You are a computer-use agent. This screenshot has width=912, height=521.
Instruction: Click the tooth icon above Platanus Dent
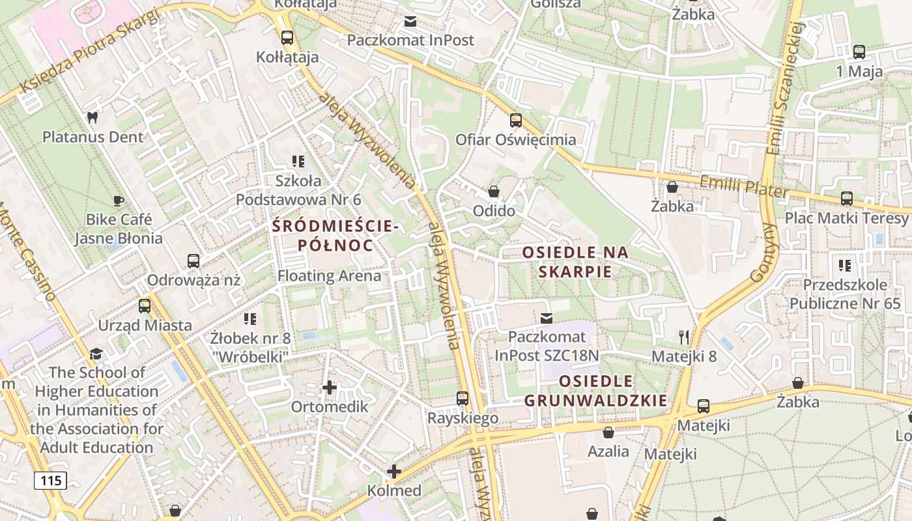click(x=92, y=118)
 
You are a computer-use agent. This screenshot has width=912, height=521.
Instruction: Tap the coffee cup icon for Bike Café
click(x=118, y=200)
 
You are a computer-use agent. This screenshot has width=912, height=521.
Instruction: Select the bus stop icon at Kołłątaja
click(x=287, y=38)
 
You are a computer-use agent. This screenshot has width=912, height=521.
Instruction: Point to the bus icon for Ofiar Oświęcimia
click(x=516, y=120)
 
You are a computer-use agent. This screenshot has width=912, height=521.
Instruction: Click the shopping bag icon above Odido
click(x=494, y=191)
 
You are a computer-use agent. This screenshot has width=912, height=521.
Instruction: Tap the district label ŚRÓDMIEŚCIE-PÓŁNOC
click(x=335, y=236)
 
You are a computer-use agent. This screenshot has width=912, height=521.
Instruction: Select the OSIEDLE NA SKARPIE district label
click(x=576, y=262)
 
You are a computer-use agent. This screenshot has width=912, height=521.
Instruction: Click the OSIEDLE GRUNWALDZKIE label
click(x=596, y=391)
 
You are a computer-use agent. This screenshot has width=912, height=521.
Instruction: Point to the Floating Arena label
click(x=330, y=275)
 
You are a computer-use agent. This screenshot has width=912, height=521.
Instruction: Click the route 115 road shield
click(x=50, y=481)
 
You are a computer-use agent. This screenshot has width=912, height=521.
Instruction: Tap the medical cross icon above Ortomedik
click(x=330, y=387)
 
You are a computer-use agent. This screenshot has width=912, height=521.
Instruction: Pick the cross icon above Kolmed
click(x=393, y=471)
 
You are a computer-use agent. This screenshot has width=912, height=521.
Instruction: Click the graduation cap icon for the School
click(x=96, y=354)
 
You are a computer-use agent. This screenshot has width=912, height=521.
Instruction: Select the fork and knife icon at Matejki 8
click(x=683, y=337)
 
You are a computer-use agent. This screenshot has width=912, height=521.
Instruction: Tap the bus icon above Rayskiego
click(x=463, y=398)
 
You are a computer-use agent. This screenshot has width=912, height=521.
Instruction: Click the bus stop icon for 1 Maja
click(x=859, y=52)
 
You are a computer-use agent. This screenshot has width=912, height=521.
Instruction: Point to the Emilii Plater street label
click(x=744, y=186)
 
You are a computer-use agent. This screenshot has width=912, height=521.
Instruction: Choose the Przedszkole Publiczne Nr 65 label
click(x=846, y=294)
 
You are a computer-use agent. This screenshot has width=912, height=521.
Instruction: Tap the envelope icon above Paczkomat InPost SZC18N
click(x=547, y=318)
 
